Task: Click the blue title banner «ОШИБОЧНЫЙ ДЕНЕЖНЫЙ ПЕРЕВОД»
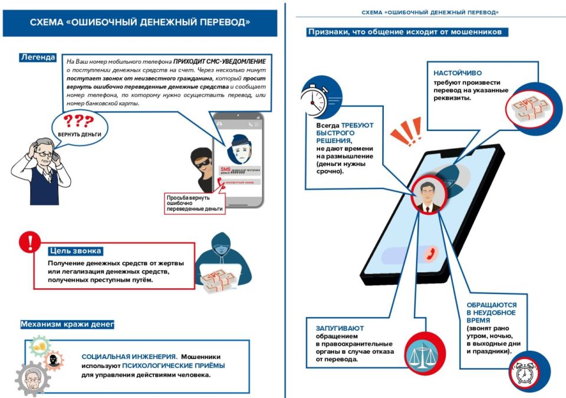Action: pyautogui.click(x=140, y=22)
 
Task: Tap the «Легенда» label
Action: pyautogui.click(x=38, y=57)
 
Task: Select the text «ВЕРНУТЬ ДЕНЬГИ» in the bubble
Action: pyautogui.click(x=79, y=135)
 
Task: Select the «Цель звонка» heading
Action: pyautogui.click(x=76, y=250)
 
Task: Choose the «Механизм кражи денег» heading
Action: pyautogui.click(x=67, y=324)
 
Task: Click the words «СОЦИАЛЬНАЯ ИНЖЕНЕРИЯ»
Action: pyautogui.click(x=129, y=357)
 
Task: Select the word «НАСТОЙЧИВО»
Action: pyautogui.click(x=455, y=73)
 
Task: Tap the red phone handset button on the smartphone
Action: pyautogui.click(x=430, y=253)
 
